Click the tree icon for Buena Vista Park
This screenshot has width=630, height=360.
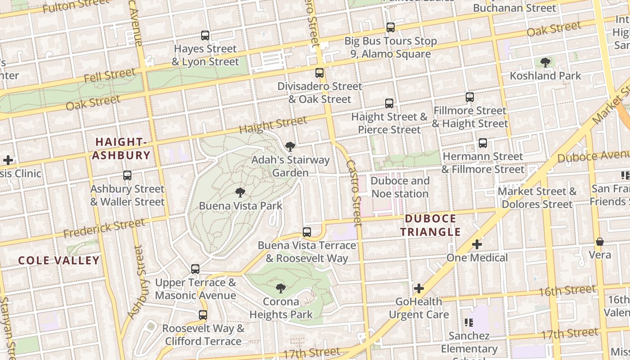pyautogui.click(x=240, y=193)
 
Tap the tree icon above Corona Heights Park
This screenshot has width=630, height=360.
pyautogui.click(x=281, y=288)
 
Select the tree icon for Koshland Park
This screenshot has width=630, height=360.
pyautogui.click(x=545, y=62)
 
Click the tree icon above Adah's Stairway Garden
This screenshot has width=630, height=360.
pyautogui.click(x=290, y=146)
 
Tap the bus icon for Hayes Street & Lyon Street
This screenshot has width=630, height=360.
pyautogui.click(x=205, y=36)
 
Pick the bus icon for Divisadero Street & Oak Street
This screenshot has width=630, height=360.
pyautogui.click(x=319, y=72)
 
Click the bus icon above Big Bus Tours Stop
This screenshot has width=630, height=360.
pyautogui.click(x=390, y=27)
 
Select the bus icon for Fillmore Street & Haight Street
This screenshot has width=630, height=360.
pyautogui.click(x=470, y=97)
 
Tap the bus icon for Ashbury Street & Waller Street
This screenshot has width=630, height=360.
pyautogui.click(x=127, y=175)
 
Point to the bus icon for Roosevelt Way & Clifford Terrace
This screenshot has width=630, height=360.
pyautogui.click(x=203, y=315)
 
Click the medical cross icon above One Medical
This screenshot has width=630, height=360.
pyautogui.click(x=477, y=244)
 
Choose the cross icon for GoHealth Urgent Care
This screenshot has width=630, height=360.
pyautogui.click(x=419, y=288)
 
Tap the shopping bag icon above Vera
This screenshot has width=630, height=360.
pyautogui.click(x=600, y=242)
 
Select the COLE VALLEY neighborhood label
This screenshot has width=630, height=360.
pyautogui.click(x=59, y=261)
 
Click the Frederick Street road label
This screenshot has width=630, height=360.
pyautogui.click(x=104, y=228)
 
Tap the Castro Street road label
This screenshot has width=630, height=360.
pyautogui.click(x=354, y=193)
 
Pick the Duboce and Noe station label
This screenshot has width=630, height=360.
pyautogui.click(x=400, y=187)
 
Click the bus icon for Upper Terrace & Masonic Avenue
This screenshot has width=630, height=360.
pyautogui.click(x=195, y=269)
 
